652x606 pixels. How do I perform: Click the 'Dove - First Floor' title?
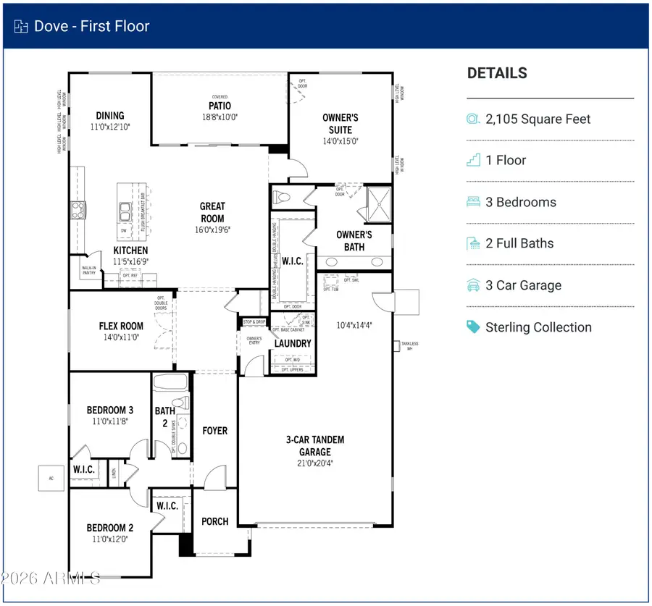[x=91, y=26]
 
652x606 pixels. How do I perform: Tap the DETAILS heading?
[x=497, y=73]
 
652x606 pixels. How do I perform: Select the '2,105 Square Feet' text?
[x=538, y=119]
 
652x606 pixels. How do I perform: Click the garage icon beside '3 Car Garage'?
[x=474, y=285]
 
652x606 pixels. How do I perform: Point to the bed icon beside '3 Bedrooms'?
[x=474, y=202]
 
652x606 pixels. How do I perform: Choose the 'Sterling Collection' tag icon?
[x=474, y=327]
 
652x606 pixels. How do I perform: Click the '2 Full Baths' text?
[x=519, y=243]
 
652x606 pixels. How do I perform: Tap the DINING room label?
[x=110, y=115]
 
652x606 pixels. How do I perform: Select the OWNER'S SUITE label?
[x=340, y=123]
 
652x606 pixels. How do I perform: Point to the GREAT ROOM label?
[x=212, y=212]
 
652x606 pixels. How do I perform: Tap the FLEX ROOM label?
[x=121, y=326]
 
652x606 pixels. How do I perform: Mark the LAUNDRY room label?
[x=293, y=343]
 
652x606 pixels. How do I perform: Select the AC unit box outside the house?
[x=51, y=477]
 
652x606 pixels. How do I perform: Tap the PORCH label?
[x=215, y=521]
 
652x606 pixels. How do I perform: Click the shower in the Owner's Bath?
[x=377, y=202]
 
